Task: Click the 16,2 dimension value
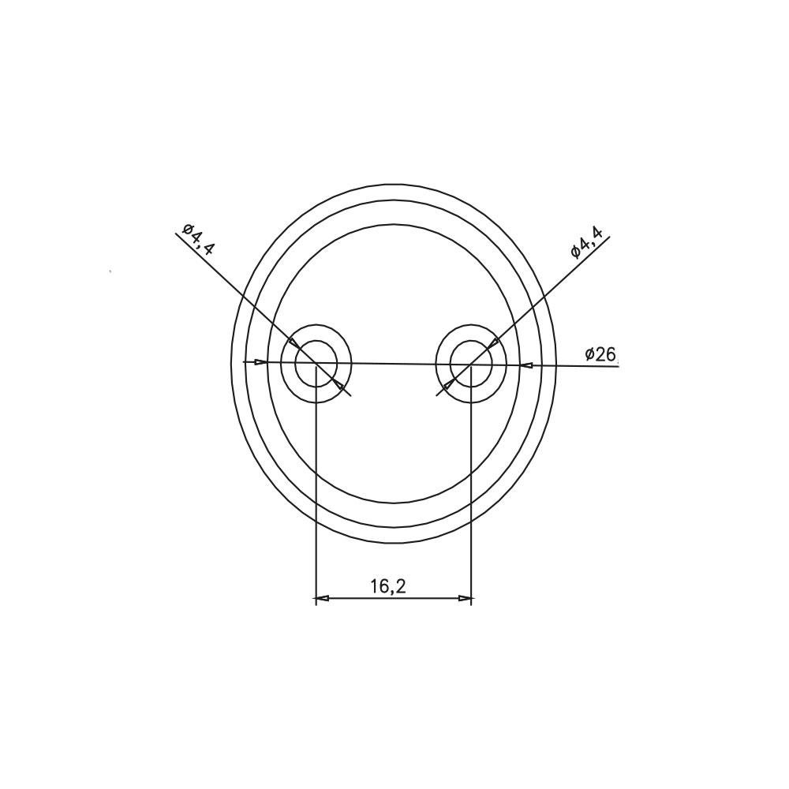(388, 586)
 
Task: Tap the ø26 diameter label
(600, 355)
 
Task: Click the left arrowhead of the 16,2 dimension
(322, 599)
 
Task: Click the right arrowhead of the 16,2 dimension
(465, 598)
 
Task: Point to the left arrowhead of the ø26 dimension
(260, 362)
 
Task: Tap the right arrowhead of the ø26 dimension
(526, 365)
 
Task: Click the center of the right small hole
(471, 364)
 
